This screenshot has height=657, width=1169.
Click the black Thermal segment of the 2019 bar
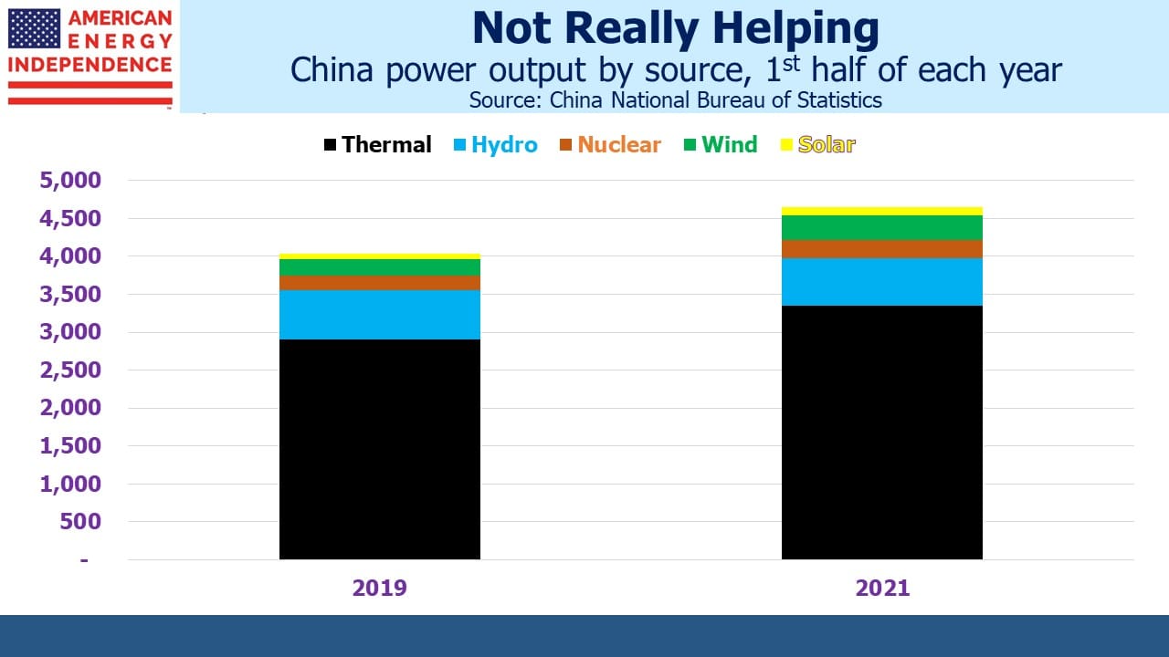pyautogui.click(x=379, y=449)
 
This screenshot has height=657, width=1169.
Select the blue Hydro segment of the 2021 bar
pyautogui.click(x=882, y=282)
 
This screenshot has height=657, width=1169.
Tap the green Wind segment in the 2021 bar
pyautogui.click(x=882, y=227)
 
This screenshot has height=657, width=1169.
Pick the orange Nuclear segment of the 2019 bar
pyautogui.click(x=379, y=283)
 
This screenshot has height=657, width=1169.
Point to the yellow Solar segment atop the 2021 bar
pyautogui.click(x=882, y=211)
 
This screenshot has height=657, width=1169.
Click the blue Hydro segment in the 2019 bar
pyautogui.click(x=379, y=315)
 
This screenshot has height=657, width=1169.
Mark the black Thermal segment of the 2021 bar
pyautogui.click(x=882, y=433)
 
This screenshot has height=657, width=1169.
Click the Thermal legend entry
pyautogui.click(x=378, y=144)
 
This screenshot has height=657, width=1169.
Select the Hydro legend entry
pyautogui.click(x=495, y=144)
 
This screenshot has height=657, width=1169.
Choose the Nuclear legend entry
pyautogui.click(x=610, y=144)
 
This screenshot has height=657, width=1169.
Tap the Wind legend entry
pyautogui.click(x=721, y=144)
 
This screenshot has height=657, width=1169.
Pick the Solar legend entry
pyautogui.click(x=817, y=144)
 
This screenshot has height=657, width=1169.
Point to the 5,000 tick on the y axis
pyautogui.click(x=70, y=181)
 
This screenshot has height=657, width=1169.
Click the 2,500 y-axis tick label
pyautogui.click(x=70, y=370)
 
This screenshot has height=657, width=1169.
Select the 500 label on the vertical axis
pyautogui.click(x=80, y=521)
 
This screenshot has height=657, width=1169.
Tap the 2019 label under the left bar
pyautogui.click(x=379, y=589)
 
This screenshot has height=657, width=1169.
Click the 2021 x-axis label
pyautogui.click(x=882, y=589)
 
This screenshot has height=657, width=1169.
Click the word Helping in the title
pyautogui.click(x=796, y=29)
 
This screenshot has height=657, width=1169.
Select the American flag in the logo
pyautogui.click(x=35, y=28)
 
